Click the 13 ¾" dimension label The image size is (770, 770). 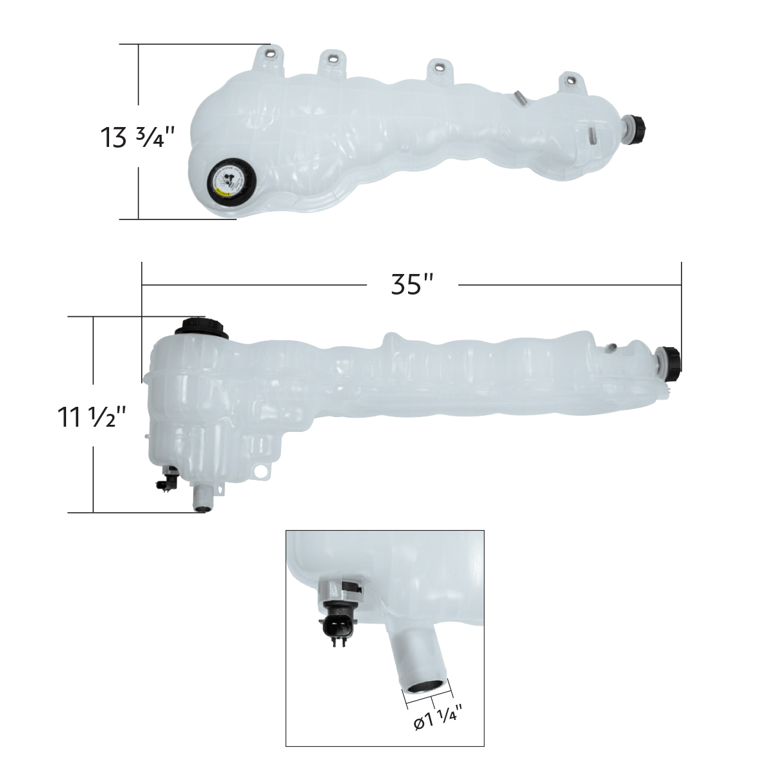(x=138, y=137)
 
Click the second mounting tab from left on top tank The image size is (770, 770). (x=332, y=61)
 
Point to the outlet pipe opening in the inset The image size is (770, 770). (x=424, y=687)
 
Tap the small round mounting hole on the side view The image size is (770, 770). (x=260, y=472)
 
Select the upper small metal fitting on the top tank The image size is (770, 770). (x=520, y=97)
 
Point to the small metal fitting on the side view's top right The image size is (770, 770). (x=612, y=348)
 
